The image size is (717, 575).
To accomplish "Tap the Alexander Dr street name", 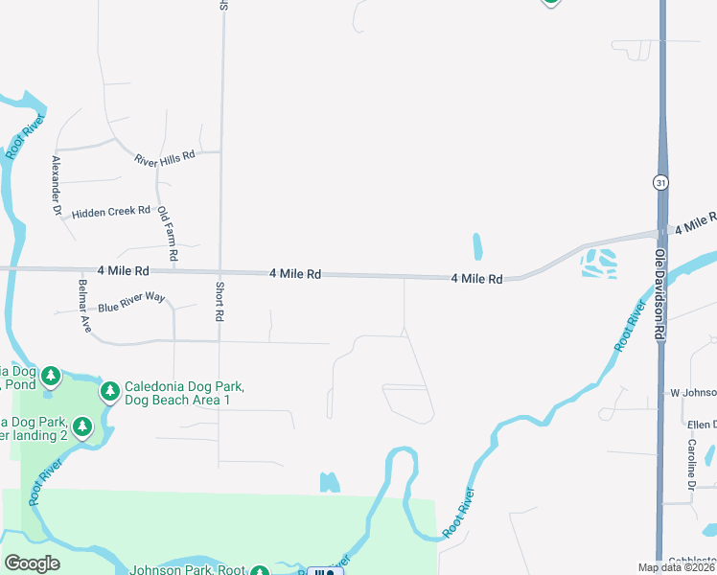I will click(57, 184).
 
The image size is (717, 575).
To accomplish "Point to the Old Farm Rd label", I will click(168, 234).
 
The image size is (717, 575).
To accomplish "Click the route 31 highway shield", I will click(660, 182).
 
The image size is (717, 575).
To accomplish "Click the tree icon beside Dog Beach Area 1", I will click(109, 391).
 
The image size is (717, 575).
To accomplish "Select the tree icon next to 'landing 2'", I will click(83, 425).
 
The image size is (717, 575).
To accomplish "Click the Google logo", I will click(32, 563).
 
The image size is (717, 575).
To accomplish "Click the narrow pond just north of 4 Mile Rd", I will click(477, 246).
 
